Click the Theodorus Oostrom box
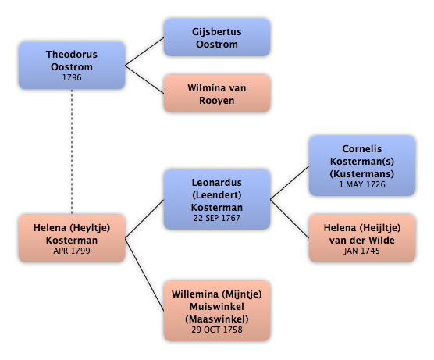pos(72,66)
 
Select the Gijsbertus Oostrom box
pos(217,37)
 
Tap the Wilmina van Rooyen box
pos(217,94)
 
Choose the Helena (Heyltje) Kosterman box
pos(72,238)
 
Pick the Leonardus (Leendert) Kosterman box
pos(217,199)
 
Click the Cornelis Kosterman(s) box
pos(362,166)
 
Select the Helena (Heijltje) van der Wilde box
pos(362,238)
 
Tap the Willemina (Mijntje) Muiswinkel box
pos(217,311)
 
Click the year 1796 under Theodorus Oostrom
pos(72,77)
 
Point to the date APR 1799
pos(72,251)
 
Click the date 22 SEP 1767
pos(217,218)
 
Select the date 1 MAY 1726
pos(362,184)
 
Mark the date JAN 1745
pos(361,251)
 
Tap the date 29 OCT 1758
pos(217,330)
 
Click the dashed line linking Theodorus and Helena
pos(72,151)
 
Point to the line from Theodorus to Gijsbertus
pos(144,52)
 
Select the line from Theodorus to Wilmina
pos(144,80)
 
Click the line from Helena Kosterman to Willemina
pos(144,275)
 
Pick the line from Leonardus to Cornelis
pos(290,183)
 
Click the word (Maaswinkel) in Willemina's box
pos(217,319)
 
